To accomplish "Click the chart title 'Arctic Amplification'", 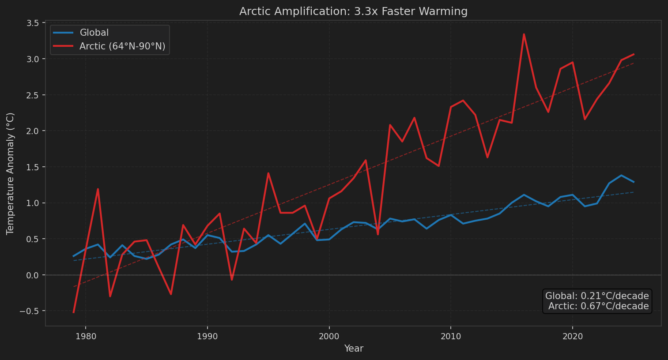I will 353,11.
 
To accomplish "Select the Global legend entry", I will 94,33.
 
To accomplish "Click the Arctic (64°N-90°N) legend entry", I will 122,46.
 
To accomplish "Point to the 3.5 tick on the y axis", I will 33,23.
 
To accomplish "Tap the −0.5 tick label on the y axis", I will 30,311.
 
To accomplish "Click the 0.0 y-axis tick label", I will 33,275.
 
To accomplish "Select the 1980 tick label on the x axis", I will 86,337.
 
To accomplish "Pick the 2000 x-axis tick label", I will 329,337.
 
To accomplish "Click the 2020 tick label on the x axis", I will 573,337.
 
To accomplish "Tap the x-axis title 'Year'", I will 354,349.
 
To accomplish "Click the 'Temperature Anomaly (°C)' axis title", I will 11,173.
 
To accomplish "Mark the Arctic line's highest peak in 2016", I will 524,34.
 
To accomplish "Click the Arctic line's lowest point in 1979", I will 74,312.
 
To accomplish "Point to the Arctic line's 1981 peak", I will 98,189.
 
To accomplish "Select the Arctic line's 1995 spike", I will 268,173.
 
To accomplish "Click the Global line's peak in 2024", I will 621,176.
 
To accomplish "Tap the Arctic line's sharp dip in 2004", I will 378,234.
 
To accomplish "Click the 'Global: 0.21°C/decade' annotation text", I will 597,296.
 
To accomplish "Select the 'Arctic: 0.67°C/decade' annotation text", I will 598,306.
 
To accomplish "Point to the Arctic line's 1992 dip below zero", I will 232,280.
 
